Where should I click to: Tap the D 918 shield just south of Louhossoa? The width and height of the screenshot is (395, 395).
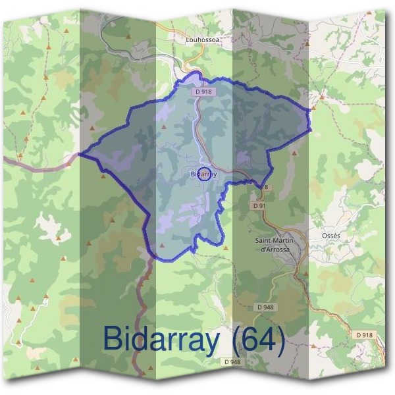point(202,93)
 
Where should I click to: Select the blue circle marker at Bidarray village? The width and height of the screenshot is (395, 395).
point(205,174)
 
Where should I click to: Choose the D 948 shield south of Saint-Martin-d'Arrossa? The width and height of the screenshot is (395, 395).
point(266,307)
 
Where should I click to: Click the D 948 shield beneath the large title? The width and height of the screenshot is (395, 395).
point(232,361)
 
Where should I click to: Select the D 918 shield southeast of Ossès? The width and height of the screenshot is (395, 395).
point(364,334)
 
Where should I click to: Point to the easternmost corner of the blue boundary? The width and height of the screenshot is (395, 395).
point(309,129)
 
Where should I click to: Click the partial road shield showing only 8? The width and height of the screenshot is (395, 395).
point(267,187)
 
